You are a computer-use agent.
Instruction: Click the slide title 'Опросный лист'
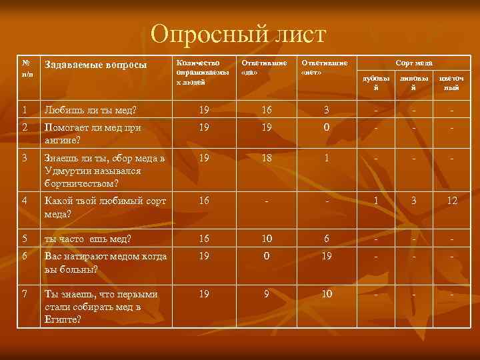tap(239, 34)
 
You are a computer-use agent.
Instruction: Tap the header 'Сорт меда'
tap(413, 63)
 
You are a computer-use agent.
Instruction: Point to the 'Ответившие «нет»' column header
tap(325, 67)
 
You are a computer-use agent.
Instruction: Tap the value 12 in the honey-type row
tap(452, 200)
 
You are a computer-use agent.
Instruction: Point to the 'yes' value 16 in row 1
tap(267, 109)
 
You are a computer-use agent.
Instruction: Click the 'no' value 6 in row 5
tap(327, 238)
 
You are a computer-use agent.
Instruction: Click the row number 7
tap(24, 294)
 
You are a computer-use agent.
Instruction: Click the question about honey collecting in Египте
tap(100, 307)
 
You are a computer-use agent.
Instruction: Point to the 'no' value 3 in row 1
tap(327, 109)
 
